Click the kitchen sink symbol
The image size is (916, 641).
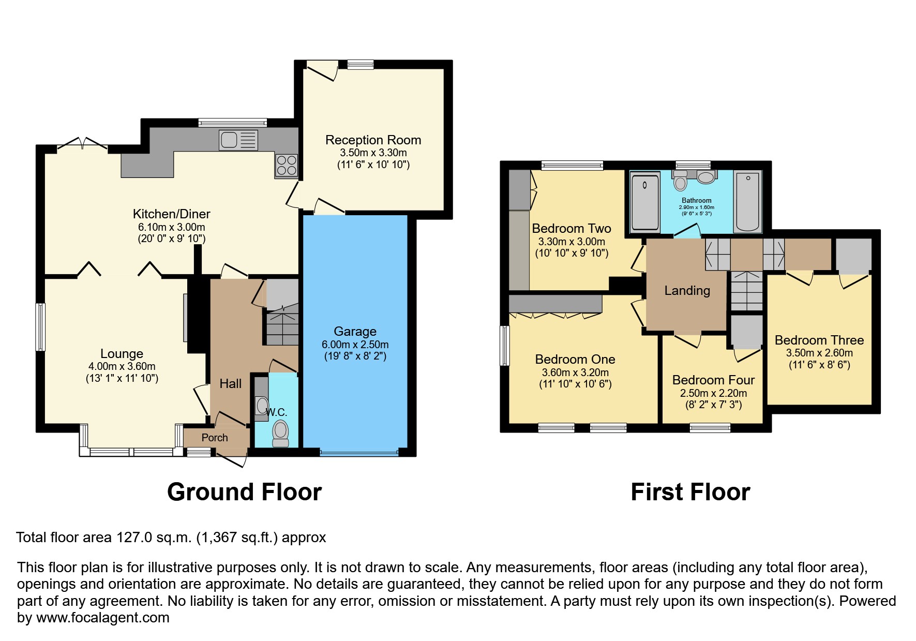coord(238,140)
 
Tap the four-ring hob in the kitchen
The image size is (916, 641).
coord(287,165)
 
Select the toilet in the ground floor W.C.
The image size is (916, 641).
coord(280,432)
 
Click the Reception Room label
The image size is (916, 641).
coord(373,140)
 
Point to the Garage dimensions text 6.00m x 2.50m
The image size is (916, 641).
coord(355,344)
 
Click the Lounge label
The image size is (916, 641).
coord(122,353)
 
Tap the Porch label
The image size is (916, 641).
coord(215,437)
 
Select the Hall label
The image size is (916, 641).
coord(230,383)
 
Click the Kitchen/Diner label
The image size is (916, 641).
coord(171,214)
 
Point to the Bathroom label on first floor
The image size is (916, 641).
coord(696,200)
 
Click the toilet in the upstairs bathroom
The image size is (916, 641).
coord(680,182)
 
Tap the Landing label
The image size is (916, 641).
coord(687,290)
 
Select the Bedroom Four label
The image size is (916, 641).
coord(713,380)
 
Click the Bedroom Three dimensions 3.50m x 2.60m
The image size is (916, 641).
coord(819,353)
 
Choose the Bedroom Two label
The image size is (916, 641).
coord(572,228)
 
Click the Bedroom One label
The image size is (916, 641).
coord(575,359)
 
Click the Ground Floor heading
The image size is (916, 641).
coord(244,491)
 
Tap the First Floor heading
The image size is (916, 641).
coord(690,491)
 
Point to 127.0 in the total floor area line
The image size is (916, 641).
coord(134,538)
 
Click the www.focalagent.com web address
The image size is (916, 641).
coord(102,618)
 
